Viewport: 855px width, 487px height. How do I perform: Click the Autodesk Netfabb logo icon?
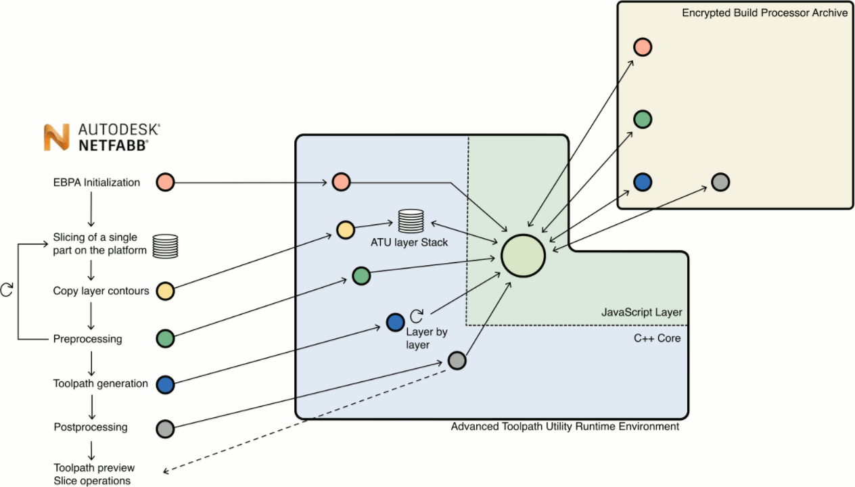[57, 137]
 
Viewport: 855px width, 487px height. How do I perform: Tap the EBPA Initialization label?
[97, 182]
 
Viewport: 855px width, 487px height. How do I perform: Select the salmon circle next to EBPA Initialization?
[165, 183]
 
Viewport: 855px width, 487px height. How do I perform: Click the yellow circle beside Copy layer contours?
[165, 292]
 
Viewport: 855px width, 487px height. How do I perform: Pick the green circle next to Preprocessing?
[165, 338]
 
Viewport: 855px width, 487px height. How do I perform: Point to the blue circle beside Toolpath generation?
[165, 385]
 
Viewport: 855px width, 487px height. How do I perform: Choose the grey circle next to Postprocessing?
[165, 429]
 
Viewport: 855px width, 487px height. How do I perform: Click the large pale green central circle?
[523, 255]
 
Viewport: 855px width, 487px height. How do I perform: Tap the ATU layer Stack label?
[409, 242]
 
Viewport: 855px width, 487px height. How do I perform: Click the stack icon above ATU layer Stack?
[411, 221]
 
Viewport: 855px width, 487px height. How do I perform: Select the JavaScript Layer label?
[641, 312]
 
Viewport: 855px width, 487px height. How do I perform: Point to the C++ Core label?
[657, 338]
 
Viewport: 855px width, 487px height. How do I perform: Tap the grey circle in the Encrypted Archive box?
[720, 182]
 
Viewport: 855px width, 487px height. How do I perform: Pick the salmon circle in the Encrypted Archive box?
[642, 47]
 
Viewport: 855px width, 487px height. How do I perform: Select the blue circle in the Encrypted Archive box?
[642, 182]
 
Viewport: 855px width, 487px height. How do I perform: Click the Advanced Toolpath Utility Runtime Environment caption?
[565, 427]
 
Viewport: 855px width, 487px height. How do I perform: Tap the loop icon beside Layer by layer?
[417, 315]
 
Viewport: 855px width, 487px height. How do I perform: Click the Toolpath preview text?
[94, 468]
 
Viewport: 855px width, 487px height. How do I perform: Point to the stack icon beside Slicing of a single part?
[165, 246]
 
